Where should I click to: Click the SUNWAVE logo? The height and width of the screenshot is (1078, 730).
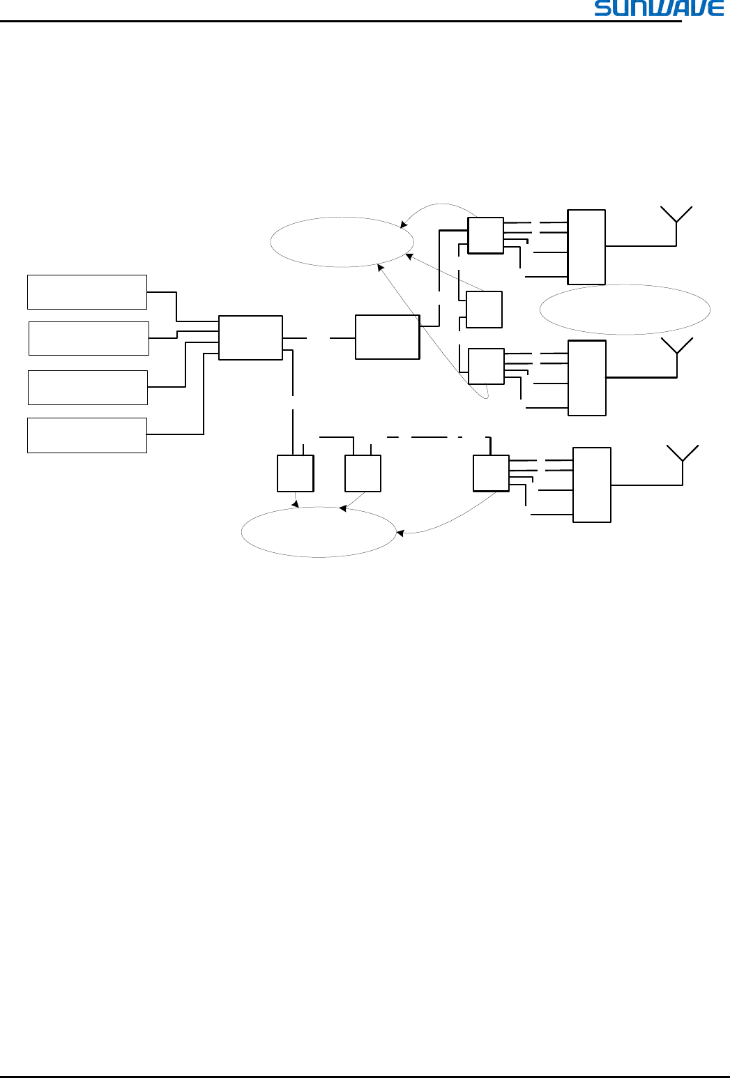(659, 8)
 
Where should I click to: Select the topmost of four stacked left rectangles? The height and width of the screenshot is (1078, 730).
(87, 292)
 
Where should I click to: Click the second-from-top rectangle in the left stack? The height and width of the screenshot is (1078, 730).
(89, 338)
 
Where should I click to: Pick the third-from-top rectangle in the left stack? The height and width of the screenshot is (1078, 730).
(88, 388)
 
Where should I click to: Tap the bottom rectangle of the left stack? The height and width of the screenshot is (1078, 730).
(87, 435)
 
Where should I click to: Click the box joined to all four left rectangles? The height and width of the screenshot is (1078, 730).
(250, 337)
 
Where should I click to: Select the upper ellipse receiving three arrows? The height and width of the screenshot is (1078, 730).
(342, 242)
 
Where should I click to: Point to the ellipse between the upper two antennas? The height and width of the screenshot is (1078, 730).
(625, 310)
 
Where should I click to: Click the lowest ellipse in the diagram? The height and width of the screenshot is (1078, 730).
(319, 532)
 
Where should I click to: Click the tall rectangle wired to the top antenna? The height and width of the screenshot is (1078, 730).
(586, 247)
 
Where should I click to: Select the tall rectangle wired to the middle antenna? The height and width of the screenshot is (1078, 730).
(587, 378)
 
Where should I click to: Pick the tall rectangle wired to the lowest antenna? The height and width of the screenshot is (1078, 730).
(592, 485)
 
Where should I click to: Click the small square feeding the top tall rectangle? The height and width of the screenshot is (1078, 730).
(485, 236)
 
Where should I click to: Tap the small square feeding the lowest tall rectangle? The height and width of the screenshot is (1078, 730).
(491, 473)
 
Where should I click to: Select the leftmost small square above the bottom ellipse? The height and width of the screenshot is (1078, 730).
(295, 473)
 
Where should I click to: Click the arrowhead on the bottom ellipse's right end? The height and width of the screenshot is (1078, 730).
(400, 533)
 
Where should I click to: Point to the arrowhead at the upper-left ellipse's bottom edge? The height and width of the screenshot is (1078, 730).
(380, 267)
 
